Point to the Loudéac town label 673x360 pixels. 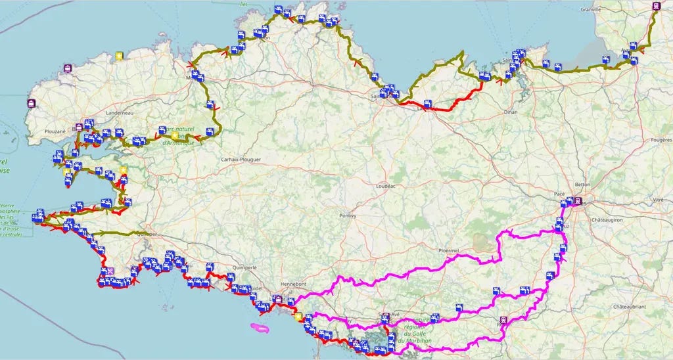(x=384, y=186)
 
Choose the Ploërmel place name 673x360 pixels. (x=451, y=250)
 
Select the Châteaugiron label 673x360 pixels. (x=609, y=219)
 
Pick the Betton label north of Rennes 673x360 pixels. (x=583, y=185)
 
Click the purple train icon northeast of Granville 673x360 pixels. (x=656, y=6)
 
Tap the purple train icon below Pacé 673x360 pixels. (x=578, y=202)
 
